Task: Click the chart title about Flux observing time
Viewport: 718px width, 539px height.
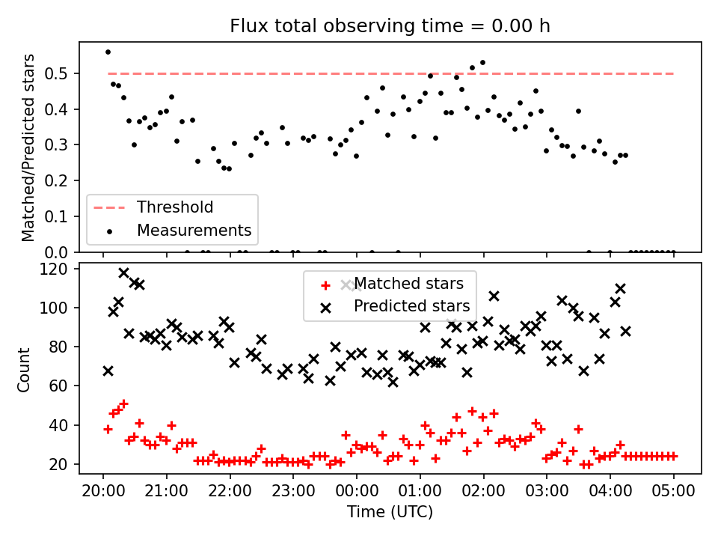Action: click(x=390, y=26)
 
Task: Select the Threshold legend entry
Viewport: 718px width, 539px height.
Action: click(x=153, y=207)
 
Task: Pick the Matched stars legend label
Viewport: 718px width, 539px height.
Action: click(x=408, y=284)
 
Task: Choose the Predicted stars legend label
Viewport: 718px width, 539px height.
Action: click(x=411, y=305)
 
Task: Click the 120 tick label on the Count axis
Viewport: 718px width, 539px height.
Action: click(x=54, y=269)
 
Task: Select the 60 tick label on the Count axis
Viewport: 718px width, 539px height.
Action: click(x=58, y=386)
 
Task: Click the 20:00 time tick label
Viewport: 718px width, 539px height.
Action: click(x=103, y=491)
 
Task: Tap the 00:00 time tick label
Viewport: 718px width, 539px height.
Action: click(x=357, y=491)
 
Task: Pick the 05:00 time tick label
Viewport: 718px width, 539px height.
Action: click(x=673, y=491)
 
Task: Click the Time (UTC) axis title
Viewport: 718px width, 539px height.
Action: click(x=390, y=511)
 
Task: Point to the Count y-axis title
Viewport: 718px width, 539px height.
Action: click(x=23, y=370)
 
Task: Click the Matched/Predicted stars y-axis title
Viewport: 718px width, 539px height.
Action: click(x=28, y=147)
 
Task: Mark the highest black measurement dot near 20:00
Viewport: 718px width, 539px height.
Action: click(x=108, y=52)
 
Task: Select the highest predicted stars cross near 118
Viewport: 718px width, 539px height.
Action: click(x=123, y=273)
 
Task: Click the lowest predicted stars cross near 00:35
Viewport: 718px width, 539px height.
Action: click(x=393, y=382)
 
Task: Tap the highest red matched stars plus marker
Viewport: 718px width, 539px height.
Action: click(x=123, y=404)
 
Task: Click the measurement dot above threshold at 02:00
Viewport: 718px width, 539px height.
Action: click(x=482, y=63)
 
